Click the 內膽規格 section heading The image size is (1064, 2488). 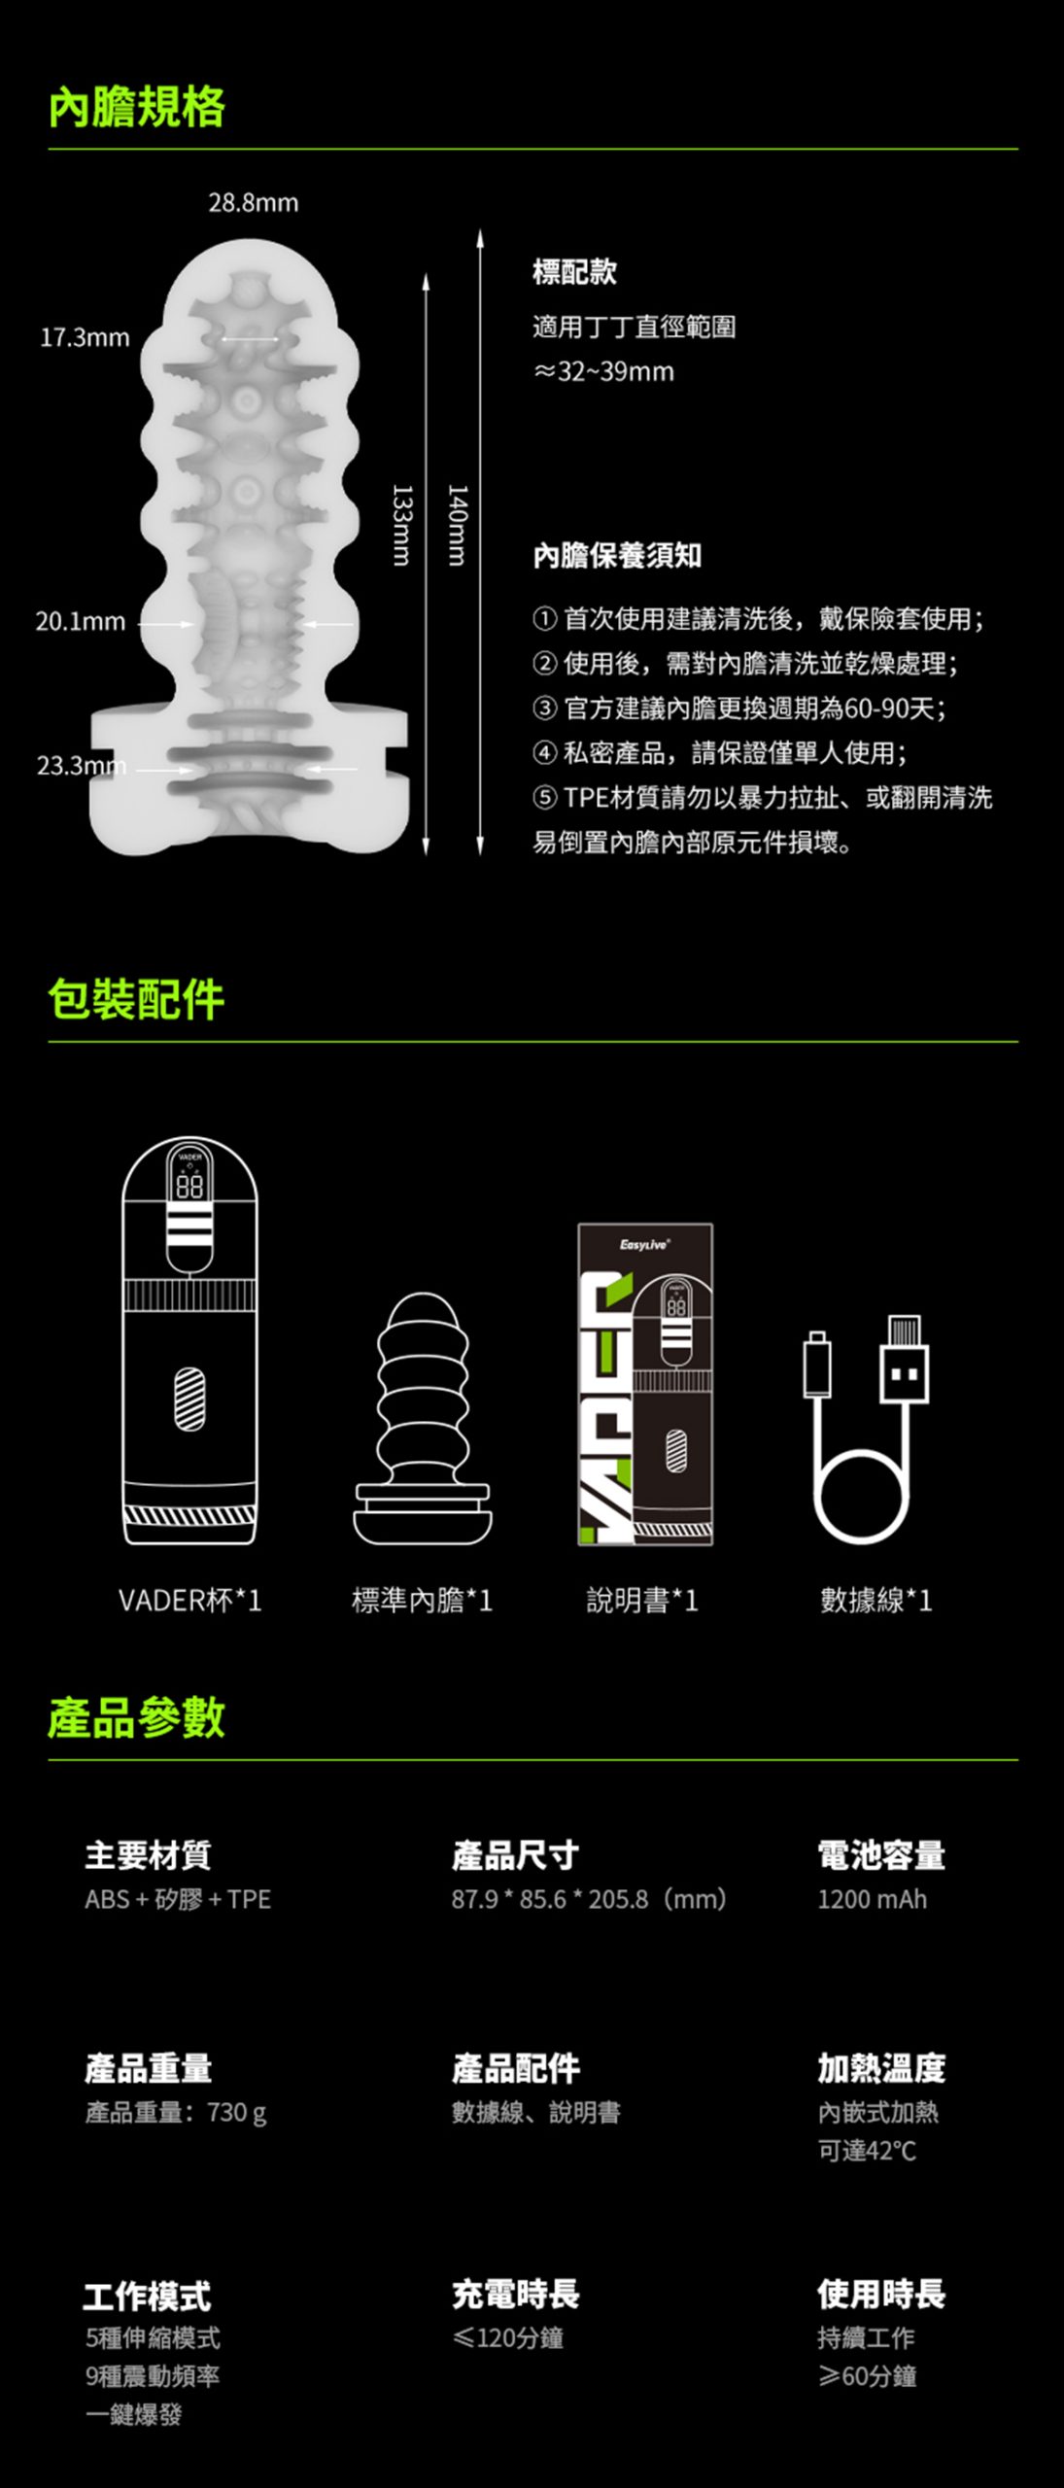pyautogui.click(x=137, y=107)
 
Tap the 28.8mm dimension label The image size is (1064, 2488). pyautogui.click(x=254, y=203)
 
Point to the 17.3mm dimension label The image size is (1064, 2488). pyautogui.click(x=85, y=337)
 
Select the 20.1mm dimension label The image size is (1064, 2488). pyautogui.click(x=81, y=622)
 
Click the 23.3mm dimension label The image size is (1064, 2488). pyautogui.click(x=82, y=766)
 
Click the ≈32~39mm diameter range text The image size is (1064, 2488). pyautogui.click(x=603, y=371)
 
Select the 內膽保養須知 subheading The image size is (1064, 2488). pyautogui.click(x=617, y=556)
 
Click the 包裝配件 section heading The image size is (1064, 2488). pyautogui.click(x=137, y=1000)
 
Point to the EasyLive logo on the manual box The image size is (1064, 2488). pyautogui.click(x=645, y=1244)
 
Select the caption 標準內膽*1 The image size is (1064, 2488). pyautogui.click(x=423, y=1601)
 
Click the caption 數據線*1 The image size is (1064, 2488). pyautogui.click(x=876, y=1601)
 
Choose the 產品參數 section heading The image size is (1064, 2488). pyautogui.click(x=137, y=1717)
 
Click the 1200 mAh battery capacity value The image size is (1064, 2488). pyautogui.click(x=873, y=1899)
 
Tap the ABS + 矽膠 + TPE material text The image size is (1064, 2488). pyautogui.click(x=178, y=1899)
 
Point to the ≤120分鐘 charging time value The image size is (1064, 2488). pyautogui.click(x=508, y=2338)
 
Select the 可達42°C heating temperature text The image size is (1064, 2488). pyautogui.click(x=867, y=2151)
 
